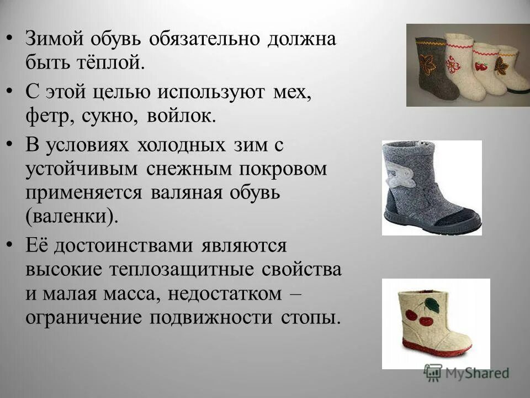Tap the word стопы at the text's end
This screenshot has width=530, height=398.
click(309, 318)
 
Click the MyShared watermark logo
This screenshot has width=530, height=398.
click(466, 372)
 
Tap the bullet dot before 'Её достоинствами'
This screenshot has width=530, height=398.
click(13, 244)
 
